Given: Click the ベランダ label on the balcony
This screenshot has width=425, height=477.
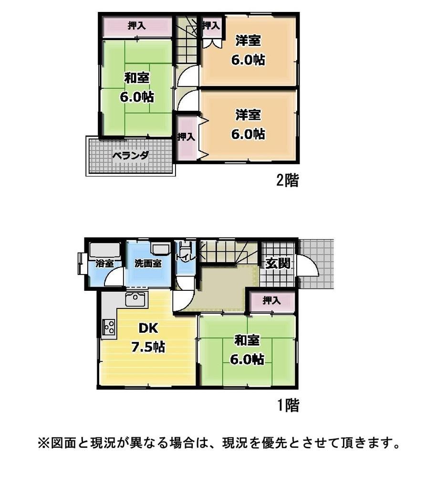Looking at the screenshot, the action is [x=130, y=156].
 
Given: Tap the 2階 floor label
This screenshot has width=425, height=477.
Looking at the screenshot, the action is [x=287, y=180].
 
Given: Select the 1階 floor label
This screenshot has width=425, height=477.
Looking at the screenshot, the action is [x=289, y=405].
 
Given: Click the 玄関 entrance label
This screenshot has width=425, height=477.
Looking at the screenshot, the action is [x=278, y=264].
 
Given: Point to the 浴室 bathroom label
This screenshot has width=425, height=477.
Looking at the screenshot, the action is [x=104, y=264].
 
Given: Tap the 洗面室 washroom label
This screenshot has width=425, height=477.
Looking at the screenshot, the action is [x=148, y=264].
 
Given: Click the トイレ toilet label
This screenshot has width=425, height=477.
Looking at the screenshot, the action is [x=185, y=257].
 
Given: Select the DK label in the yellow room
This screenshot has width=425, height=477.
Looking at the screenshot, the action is [x=148, y=328].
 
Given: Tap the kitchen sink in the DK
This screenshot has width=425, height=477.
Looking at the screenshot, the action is [x=136, y=299].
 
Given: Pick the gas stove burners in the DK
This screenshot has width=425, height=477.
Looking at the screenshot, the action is [x=109, y=327].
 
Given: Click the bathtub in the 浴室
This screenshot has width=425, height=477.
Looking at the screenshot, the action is [x=105, y=250].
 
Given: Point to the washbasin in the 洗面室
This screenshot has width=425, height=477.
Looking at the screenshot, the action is [x=161, y=249].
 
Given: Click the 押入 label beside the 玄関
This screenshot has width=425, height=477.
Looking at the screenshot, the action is [x=271, y=300].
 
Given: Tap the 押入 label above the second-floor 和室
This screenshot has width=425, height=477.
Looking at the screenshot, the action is [x=136, y=26].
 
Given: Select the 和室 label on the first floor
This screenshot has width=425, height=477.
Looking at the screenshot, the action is [x=247, y=340].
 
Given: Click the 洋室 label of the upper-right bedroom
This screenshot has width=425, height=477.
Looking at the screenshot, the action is [x=248, y=41].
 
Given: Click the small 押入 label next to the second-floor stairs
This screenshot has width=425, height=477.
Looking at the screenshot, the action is [x=211, y=25].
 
